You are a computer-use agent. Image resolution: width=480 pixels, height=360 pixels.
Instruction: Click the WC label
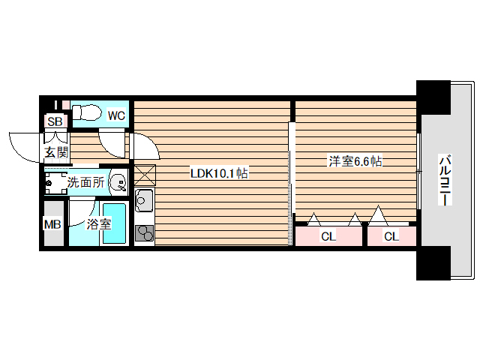[x=115, y=115]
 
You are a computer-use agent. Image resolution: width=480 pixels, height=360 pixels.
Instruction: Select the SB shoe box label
[x=55, y=121]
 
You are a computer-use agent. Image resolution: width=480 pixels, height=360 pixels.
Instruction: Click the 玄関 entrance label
[x=55, y=152]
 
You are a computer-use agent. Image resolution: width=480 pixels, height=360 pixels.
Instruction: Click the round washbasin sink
[x=118, y=181]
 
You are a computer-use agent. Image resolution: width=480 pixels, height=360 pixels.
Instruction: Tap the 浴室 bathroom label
[x=98, y=223]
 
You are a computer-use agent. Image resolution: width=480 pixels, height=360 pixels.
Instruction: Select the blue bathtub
[x=115, y=223]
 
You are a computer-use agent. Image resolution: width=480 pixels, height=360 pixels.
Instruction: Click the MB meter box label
[x=52, y=223]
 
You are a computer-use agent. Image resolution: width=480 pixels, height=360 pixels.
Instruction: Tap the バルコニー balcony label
[x=443, y=181]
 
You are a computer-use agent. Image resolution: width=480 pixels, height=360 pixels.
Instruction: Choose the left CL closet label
[x=328, y=236]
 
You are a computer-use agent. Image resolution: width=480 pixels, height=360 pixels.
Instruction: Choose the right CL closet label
[x=391, y=236]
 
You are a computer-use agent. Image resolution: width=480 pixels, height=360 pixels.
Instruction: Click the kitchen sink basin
[x=144, y=201]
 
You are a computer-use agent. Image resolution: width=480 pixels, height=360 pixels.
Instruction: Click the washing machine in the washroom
[x=55, y=182]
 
